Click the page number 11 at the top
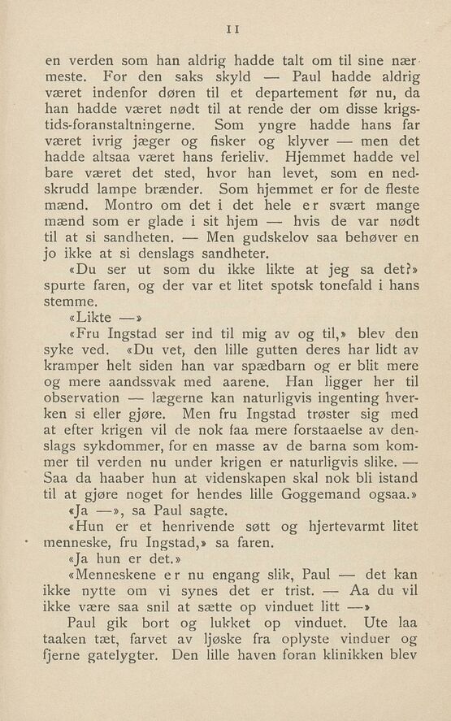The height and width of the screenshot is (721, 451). coord(231,27)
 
